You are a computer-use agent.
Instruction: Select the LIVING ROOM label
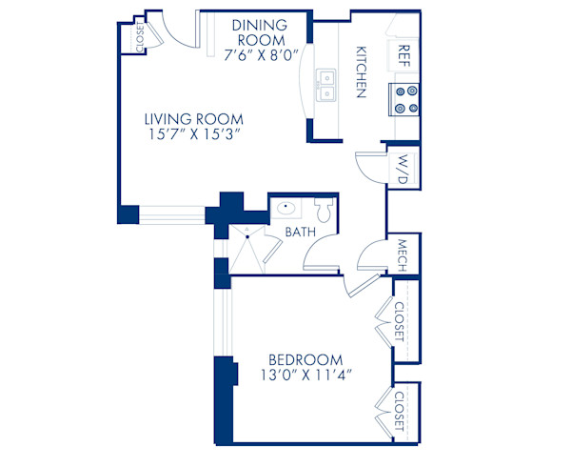pyautogui.click(x=194, y=119)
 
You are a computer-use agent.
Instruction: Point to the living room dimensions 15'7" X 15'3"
pyautogui.click(x=194, y=135)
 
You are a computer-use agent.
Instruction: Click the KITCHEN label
pyautogui.click(x=363, y=71)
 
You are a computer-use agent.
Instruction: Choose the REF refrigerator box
pyautogui.click(x=404, y=51)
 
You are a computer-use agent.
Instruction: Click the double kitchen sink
pyautogui.click(x=328, y=85)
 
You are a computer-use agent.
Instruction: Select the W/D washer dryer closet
pyautogui.click(x=404, y=168)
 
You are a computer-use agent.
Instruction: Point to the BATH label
pyautogui.click(x=300, y=232)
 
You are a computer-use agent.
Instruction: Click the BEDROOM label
pyautogui.click(x=305, y=359)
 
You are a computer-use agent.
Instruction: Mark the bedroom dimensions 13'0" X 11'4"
pyautogui.click(x=305, y=376)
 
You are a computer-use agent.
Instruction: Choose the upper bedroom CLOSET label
pyautogui.click(x=400, y=321)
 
